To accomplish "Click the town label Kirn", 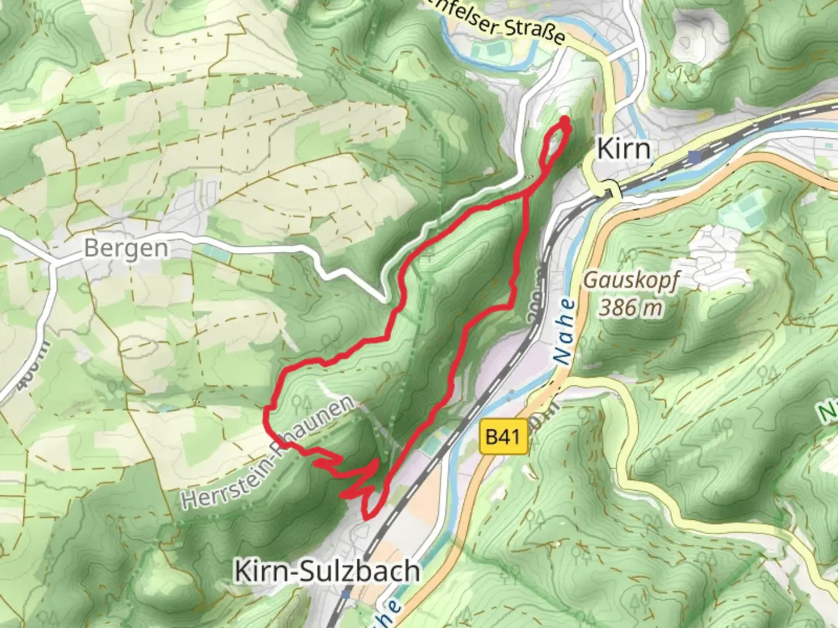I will click(x=623, y=149).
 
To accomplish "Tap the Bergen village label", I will click(x=126, y=248).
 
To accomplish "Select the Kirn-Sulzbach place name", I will click(x=326, y=571).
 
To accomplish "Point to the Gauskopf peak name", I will click(x=631, y=280).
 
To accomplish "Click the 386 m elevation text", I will click(x=631, y=307).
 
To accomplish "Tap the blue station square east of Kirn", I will click(x=694, y=156).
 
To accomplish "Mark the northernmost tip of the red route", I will click(x=564, y=119).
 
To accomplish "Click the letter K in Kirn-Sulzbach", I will click(x=244, y=571).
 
